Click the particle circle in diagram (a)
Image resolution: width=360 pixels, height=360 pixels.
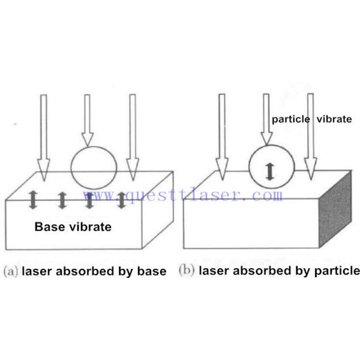[94, 166]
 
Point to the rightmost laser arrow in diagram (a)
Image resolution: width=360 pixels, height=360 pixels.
[133, 138]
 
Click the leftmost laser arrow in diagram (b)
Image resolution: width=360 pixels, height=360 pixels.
[221, 138]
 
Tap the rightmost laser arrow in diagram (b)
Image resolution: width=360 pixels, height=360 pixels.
[310, 138]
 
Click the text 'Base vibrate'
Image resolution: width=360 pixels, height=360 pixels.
[73, 227]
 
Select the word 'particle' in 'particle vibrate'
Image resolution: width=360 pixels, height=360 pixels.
[290, 119]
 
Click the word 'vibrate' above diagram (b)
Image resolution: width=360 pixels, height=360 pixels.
[333, 119]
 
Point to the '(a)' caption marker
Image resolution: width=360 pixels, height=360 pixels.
[11, 271]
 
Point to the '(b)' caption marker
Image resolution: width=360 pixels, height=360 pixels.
[187, 271]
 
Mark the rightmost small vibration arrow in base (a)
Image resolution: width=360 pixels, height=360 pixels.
[121, 200]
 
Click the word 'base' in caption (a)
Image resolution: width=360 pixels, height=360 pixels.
[152, 271]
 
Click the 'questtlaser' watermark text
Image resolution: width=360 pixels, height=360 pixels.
[186, 195]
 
